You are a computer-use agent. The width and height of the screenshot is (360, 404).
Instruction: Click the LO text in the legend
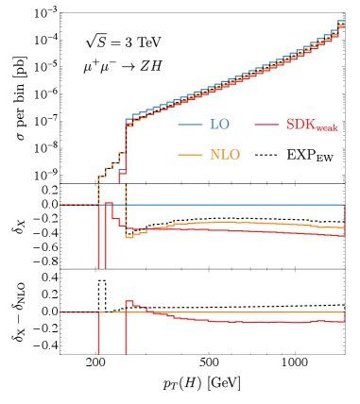click(x=218, y=125)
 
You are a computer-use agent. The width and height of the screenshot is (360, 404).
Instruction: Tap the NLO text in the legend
click(x=224, y=155)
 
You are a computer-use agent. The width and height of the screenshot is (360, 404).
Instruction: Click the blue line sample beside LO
click(x=190, y=125)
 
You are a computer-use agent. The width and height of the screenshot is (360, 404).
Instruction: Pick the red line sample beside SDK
click(x=266, y=125)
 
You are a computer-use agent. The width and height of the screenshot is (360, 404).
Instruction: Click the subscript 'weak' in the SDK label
click(x=326, y=128)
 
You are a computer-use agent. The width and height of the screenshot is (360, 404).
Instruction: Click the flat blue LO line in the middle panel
click(x=236, y=205)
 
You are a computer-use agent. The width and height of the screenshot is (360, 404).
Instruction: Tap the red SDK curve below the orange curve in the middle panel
click(x=236, y=230)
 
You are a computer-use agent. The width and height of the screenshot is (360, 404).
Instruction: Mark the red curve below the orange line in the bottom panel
click(x=236, y=322)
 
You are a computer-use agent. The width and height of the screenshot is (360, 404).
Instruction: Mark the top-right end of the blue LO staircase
click(x=341, y=21)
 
